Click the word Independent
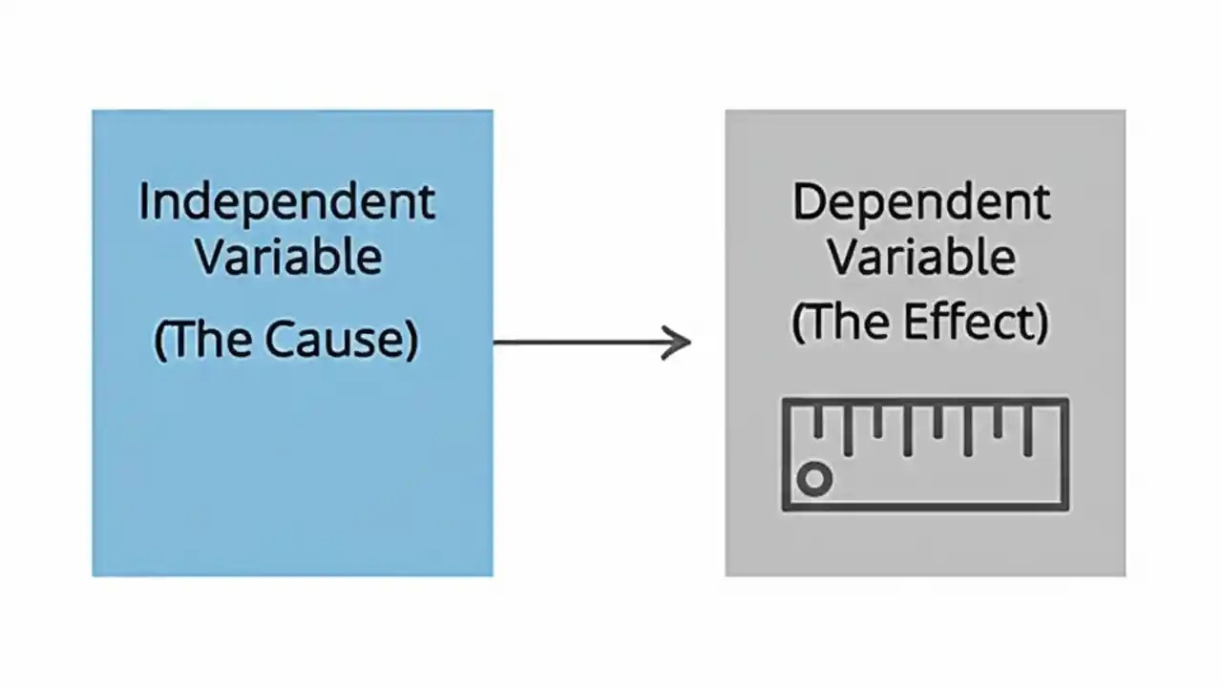(x=286, y=202)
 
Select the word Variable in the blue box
(x=288, y=256)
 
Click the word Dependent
(x=921, y=202)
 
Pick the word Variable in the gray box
(x=921, y=256)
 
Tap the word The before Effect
(x=847, y=322)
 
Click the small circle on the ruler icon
(x=814, y=479)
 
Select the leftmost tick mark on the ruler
(x=817, y=422)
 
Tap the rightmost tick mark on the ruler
(x=1028, y=429)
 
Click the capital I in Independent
(x=144, y=202)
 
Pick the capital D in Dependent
(x=807, y=202)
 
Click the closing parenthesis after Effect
(x=1043, y=323)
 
